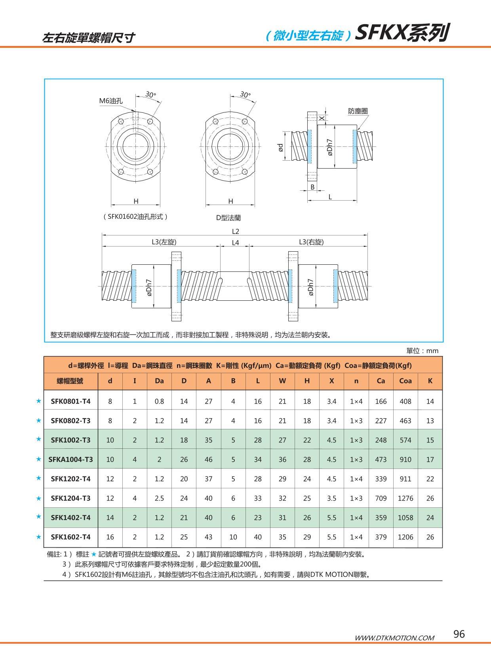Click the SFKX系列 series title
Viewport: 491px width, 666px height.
402,33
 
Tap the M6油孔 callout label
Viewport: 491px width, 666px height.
110,101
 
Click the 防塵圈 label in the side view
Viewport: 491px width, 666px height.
358,111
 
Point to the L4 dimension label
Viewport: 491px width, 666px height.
235,243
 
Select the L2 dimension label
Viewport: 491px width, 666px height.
235,231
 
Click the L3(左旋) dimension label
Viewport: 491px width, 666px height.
164,242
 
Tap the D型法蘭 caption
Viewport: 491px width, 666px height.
228,218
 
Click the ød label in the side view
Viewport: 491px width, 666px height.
280,148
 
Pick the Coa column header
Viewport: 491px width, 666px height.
405,381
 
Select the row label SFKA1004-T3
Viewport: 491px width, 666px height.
70,459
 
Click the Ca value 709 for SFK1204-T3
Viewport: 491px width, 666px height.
381,498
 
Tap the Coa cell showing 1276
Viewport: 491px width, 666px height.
405,498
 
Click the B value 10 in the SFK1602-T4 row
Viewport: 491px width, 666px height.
233,537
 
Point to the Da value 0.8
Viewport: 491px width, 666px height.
159,401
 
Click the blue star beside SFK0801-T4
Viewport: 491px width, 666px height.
38,401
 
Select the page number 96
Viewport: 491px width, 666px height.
459,634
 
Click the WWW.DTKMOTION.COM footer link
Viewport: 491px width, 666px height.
394,638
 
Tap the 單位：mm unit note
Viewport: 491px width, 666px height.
422,351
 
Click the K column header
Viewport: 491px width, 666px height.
430,381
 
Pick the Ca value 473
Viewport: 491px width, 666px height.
381,459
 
